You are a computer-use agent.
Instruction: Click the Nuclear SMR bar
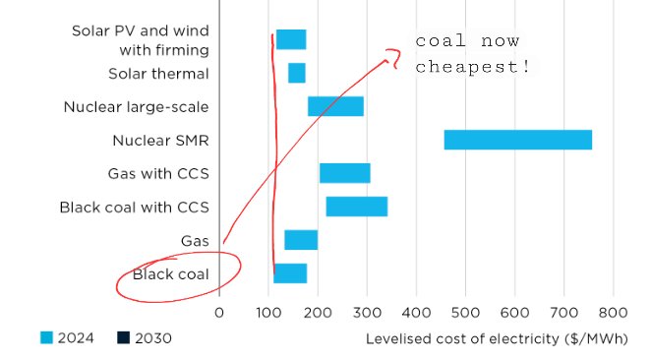pos(518,140)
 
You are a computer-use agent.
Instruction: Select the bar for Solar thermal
pos(296,73)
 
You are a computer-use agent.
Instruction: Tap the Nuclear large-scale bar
pos(335,106)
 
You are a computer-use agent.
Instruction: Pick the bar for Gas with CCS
pos(344,173)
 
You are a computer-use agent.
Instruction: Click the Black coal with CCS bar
pos(356,207)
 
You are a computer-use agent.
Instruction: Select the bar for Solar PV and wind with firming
pos(291,39)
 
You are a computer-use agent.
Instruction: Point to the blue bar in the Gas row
pos(301,240)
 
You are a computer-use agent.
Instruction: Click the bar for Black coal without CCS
pos(290,273)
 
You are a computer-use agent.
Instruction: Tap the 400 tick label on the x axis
pos(416,314)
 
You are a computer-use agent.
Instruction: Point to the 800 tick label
pos(613,314)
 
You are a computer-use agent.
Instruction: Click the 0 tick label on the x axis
pos(219,314)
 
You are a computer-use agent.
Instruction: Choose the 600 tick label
pos(514,314)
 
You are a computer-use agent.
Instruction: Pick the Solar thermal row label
pos(158,74)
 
